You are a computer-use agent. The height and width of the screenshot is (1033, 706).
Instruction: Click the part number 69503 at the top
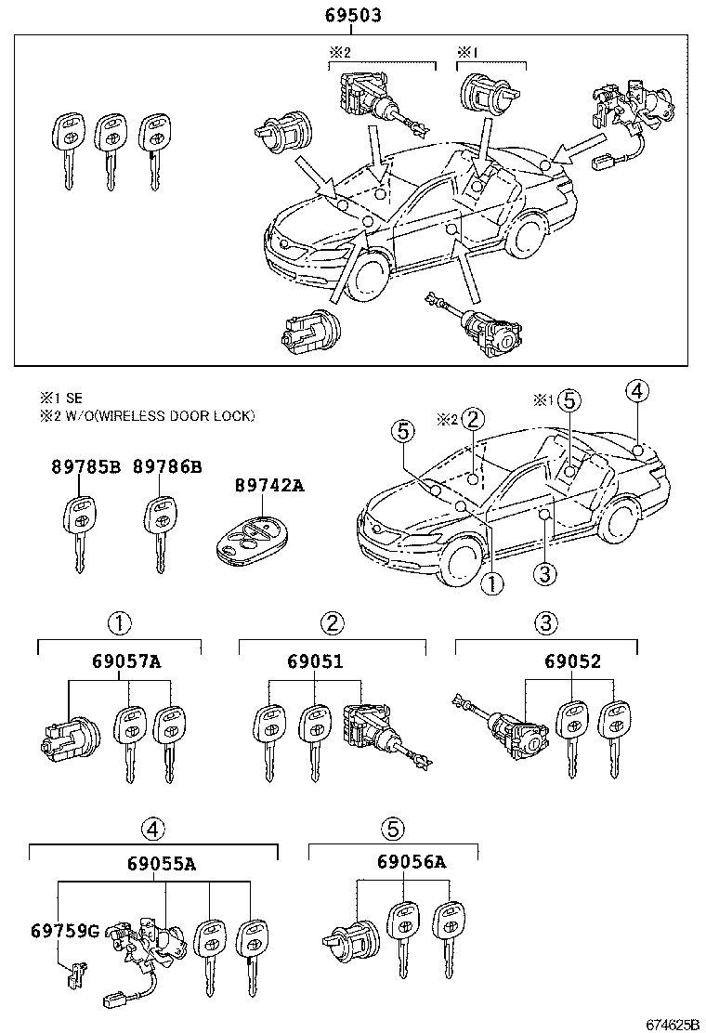[353, 16]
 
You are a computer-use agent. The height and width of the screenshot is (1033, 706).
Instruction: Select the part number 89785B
[85, 467]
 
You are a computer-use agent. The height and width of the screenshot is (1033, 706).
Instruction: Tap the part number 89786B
[167, 467]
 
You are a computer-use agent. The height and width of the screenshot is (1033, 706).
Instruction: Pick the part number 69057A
[126, 661]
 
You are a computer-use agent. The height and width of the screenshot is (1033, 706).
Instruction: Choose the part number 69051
[316, 661]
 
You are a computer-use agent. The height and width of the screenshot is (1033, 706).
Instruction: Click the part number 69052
[573, 661]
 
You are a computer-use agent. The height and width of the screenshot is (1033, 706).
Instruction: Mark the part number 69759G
[64, 930]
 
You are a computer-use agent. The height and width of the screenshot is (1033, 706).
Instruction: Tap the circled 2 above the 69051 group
[332, 622]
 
